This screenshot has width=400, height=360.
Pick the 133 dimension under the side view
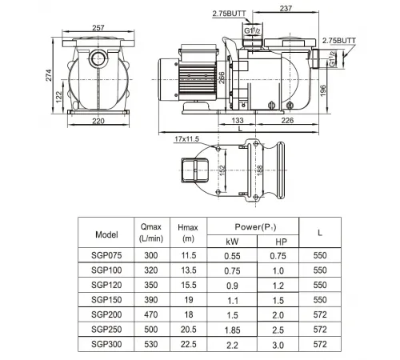coord(238,122)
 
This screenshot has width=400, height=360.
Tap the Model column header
coord(106,234)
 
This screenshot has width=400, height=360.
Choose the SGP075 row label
coord(106,255)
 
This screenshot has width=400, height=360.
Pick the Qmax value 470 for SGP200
coord(150,314)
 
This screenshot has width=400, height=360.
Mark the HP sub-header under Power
coord(279,241)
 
